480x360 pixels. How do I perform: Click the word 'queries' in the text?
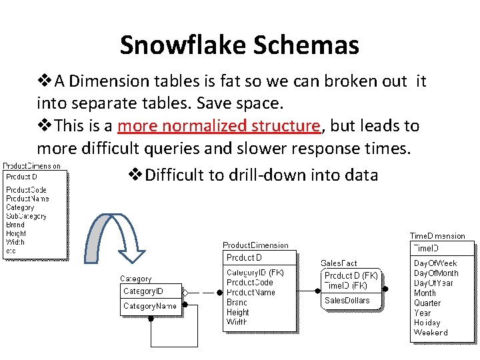(191, 148)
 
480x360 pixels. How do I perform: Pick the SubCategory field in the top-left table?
(26, 216)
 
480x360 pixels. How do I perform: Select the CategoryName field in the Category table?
(150, 306)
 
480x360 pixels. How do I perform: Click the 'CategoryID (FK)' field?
(255, 273)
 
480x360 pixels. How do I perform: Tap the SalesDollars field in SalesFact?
(347, 301)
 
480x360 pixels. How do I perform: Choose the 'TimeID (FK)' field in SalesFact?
(345, 285)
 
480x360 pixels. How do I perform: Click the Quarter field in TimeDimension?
(427, 303)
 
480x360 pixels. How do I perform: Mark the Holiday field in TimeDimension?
(427, 323)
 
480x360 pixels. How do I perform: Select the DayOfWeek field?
(435, 263)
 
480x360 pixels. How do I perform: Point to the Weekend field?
(431, 332)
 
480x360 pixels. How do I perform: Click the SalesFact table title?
(339, 264)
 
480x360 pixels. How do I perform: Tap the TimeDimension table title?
(437, 236)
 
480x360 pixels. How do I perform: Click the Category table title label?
(135, 279)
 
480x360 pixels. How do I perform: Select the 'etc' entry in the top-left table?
(11, 251)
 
